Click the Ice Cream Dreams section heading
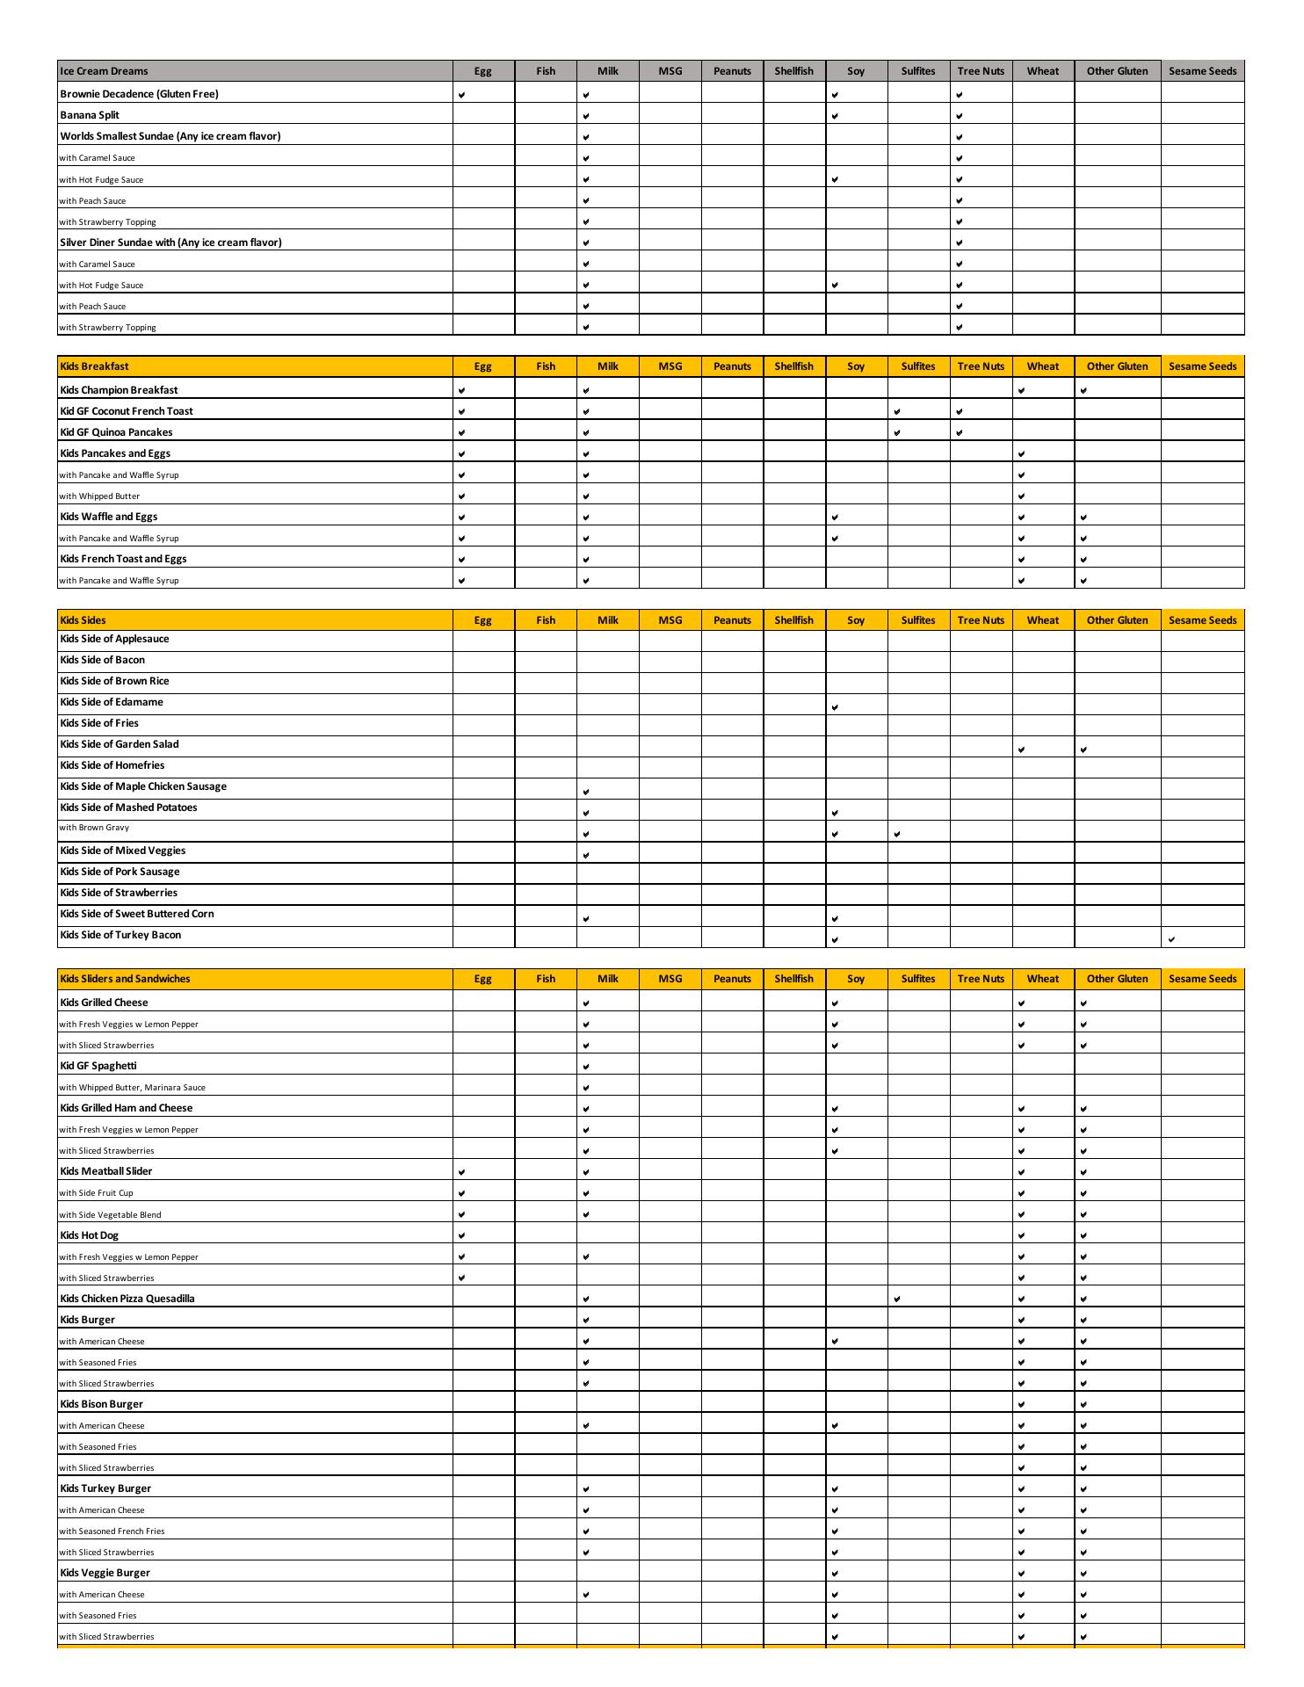point(104,71)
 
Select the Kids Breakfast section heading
point(94,366)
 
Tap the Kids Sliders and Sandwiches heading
point(125,979)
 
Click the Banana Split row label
point(90,115)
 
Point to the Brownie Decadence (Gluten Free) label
point(139,94)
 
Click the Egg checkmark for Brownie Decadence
point(462,95)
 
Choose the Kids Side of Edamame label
point(112,702)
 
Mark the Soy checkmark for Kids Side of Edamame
point(835,707)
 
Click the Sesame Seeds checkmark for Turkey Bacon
point(1171,939)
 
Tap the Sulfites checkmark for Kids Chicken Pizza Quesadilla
point(896,1299)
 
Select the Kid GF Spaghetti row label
point(98,1066)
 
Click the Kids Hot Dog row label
point(89,1235)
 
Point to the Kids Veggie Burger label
point(105,1573)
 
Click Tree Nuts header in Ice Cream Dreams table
point(981,71)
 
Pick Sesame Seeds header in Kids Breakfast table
point(1202,366)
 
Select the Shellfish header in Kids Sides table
point(793,620)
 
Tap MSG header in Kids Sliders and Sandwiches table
point(670,979)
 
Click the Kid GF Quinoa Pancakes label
point(116,432)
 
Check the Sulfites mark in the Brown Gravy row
point(896,834)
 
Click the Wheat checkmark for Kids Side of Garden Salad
point(1021,749)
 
